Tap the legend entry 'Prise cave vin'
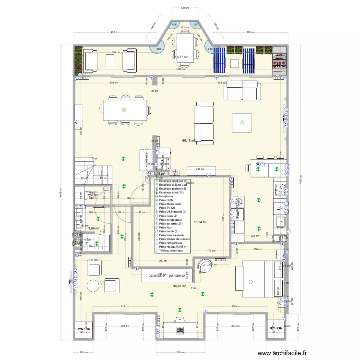tap(169, 216)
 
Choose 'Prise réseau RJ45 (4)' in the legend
tap(173, 247)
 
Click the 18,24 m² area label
tap(200, 222)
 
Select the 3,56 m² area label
tap(94, 228)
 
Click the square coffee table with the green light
tap(242, 122)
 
